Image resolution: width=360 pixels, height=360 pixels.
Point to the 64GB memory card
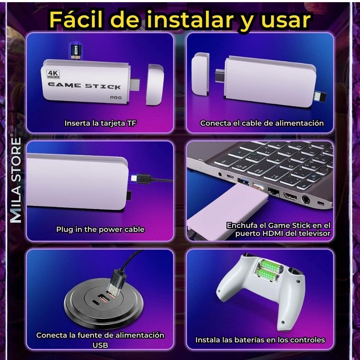click(x=76, y=52)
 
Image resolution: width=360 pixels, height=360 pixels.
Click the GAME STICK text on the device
click(x=85, y=86)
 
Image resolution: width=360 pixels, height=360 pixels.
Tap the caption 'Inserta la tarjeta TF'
click(x=100, y=123)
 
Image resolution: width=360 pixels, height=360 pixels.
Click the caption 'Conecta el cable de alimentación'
click(x=262, y=123)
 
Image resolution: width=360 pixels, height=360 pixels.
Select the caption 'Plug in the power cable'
click(x=100, y=229)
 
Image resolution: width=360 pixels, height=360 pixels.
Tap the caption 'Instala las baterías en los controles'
click(x=260, y=339)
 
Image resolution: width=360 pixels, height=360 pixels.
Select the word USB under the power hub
click(x=100, y=345)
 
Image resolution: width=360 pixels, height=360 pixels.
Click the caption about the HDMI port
click(x=278, y=229)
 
